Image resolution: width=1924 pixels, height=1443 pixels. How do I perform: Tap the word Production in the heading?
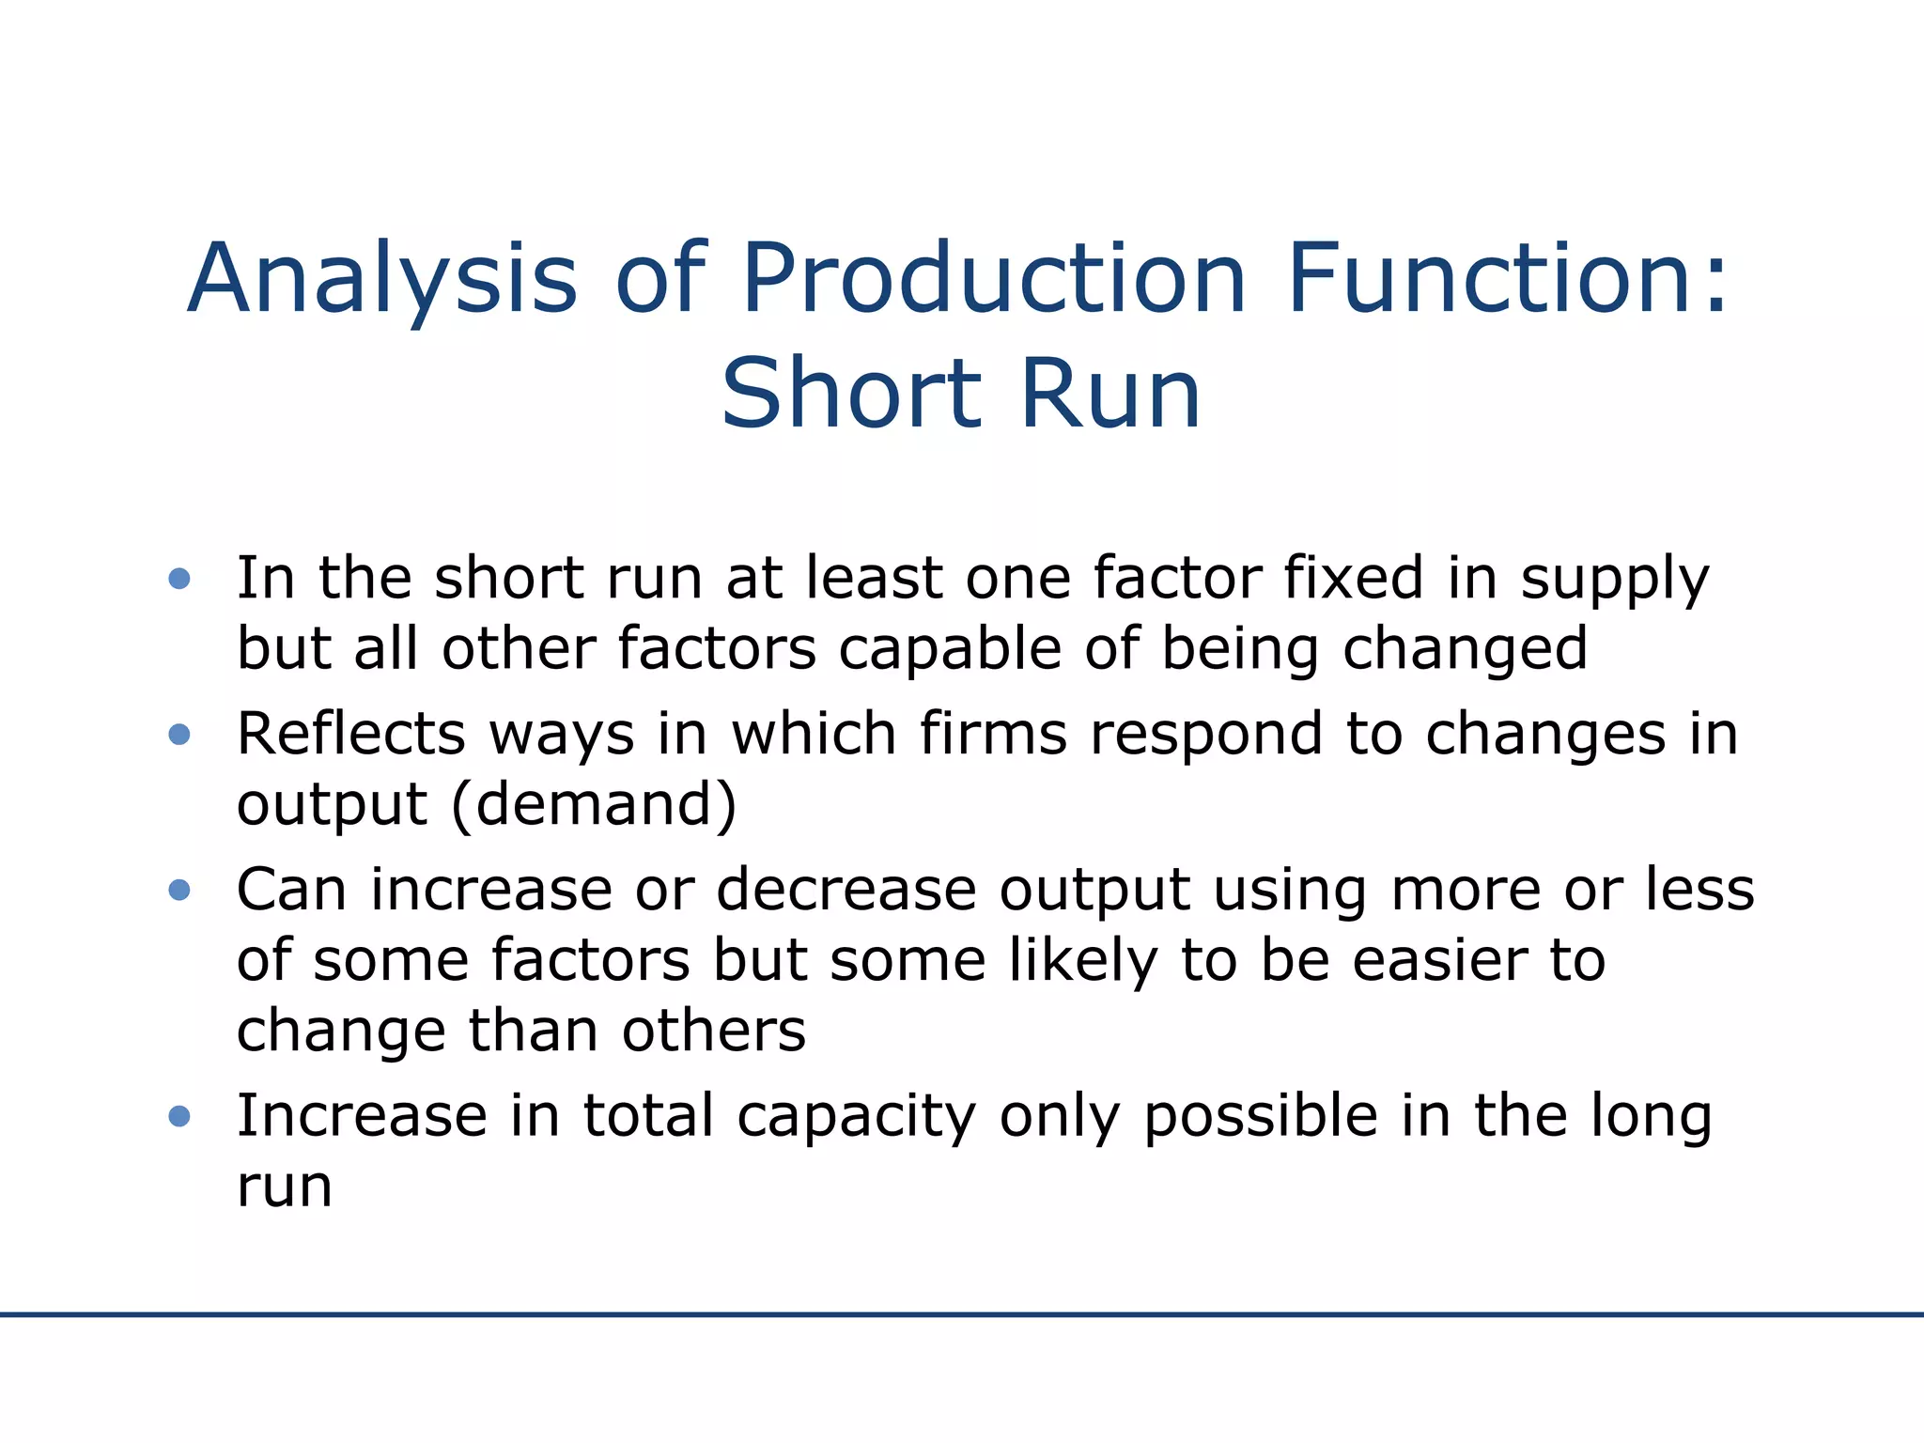pyautogui.click(x=994, y=279)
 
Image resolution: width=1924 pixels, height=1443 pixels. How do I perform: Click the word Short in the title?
pyautogui.click(x=851, y=394)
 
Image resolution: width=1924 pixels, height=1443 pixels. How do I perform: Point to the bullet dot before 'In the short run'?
pyautogui.click(x=179, y=578)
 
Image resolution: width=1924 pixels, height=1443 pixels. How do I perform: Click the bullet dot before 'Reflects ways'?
pyautogui.click(x=179, y=734)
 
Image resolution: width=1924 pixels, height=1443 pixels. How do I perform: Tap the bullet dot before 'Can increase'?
pyautogui.click(x=179, y=890)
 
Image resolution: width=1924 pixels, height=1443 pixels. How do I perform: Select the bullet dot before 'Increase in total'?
pyautogui.click(x=179, y=1116)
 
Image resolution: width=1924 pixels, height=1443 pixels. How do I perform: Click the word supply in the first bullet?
pyautogui.click(x=1615, y=580)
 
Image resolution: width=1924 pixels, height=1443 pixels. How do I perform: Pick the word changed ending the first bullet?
pyautogui.click(x=1465, y=649)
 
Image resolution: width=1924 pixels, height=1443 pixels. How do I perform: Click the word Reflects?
pyautogui.click(x=350, y=734)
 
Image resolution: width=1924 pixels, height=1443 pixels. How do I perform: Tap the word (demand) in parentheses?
pyautogui.click(x=594, y=805)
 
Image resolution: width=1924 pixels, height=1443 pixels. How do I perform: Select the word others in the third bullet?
pyautogui.click(x=713, y=1032)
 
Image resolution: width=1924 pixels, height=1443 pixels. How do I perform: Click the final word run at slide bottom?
pyautogui.click(x=285, y=1187)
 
